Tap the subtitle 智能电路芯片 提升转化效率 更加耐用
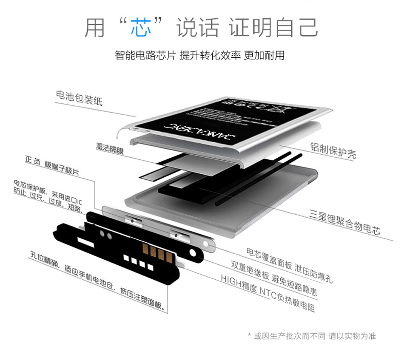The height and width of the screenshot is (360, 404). pos(199,55)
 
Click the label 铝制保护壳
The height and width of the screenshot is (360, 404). pos(333,150)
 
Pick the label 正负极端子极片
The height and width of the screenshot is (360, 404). pos(52,166)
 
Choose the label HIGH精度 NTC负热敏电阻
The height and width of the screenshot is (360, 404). pos(268,294)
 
